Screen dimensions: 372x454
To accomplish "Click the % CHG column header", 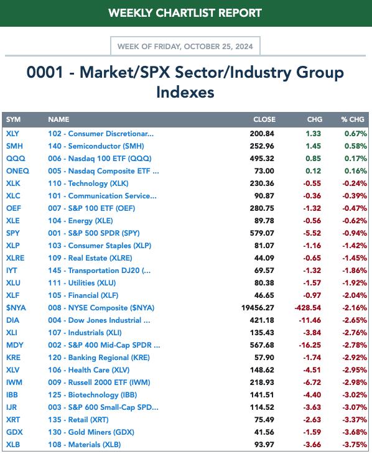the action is point(353,119).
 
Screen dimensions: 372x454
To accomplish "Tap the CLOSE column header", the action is point(264,119).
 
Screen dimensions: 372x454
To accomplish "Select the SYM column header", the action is point(13,119).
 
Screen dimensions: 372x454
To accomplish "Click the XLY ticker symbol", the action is point(12,134).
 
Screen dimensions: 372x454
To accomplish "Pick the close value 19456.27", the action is point(258,308).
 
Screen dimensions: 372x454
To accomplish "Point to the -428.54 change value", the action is point(308,308).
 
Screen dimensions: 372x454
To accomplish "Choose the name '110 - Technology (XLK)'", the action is point(88,183).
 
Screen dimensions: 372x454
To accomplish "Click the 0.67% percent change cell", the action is point(355,134).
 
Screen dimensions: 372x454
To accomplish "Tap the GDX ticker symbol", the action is point(14,432).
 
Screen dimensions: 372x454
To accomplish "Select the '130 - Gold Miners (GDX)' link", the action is point(91,432).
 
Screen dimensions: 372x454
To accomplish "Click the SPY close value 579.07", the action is point(262,233).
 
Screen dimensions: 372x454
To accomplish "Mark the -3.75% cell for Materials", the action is point(355,445).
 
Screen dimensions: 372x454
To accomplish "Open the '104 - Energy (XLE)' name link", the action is point(80,221).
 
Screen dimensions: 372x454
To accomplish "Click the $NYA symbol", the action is point(16,308).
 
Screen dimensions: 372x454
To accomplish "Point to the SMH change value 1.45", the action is point(313,146).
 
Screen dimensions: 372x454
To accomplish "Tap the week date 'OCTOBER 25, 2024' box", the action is point(185,46).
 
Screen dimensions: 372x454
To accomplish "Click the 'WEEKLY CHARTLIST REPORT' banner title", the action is point(185,13).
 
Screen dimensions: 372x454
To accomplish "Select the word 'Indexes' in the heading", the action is point(185,93).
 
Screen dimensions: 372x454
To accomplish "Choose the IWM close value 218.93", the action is point(262,382).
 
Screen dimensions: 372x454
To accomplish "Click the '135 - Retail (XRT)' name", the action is point(78,420).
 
